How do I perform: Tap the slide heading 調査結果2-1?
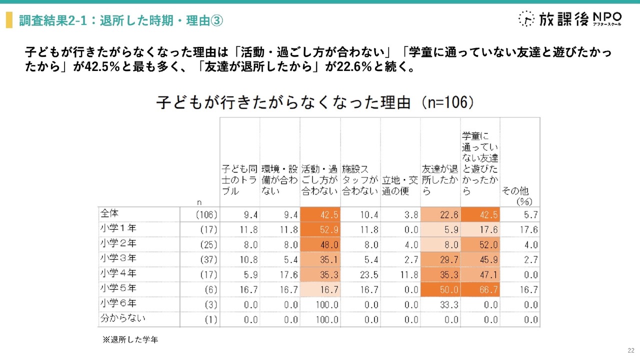tap(120, 20)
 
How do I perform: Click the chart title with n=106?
tap(315, 102)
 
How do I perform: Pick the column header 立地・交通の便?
tap(400, 185)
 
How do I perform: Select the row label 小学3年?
tap(118, 259)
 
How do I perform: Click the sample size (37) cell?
tap(208, 260)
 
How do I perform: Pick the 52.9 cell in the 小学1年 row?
tap(320, 230)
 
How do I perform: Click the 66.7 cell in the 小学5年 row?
tap(480, 289)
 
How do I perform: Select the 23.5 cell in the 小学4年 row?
tap(360, 275)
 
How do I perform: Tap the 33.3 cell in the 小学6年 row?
tap(440, 304)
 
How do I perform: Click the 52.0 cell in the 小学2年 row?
tap(480, 245)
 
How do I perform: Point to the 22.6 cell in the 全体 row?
tap(440, 215)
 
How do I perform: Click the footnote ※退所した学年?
tap(130, 339)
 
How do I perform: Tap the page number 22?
tap(630, 350)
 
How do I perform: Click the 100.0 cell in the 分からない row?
tap(320, 319)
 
